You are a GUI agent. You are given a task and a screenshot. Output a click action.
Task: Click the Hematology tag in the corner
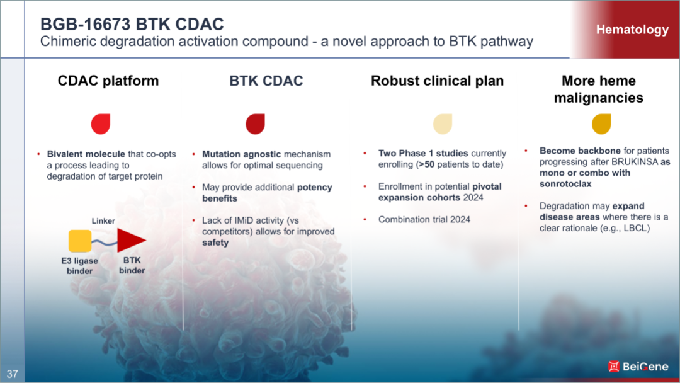pyautogui.click(x=632, y=30)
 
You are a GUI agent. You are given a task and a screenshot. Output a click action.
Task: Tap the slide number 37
pyautogui.click(x=12, y=374)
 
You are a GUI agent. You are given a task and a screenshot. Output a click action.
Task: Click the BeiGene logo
pyautogui.click(x=638, y=367)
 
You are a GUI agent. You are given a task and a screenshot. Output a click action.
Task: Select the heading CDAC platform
pyautogui.click(x=108, y=81)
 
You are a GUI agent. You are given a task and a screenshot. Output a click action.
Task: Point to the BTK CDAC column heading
pyautogui.click(x=266, y=81)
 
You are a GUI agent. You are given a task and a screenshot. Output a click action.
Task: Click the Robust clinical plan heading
pyautogui.click(x=437, y=81)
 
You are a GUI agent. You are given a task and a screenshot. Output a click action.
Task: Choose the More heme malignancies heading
pyautogui.click(x=599, y=89)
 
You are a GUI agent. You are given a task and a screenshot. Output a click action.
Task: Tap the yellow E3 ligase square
pyautogui.click(x=80, y=241)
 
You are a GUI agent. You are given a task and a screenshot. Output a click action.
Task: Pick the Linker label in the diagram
pyautogui.click(x=103, y=220)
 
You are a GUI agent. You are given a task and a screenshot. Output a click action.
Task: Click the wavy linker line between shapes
pyautogui.click(x=104, y=243)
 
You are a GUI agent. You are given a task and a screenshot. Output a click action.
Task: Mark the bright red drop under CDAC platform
pyautogui.click(x=101, y=124)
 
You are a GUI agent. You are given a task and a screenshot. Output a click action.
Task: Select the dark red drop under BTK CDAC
pyautogui.click(x=256, y=124)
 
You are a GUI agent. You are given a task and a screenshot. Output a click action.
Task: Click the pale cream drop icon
pyautogui.click(x=443, y=124)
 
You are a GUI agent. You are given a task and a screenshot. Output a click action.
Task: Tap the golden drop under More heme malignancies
pyautogui.click(x=601, y=124)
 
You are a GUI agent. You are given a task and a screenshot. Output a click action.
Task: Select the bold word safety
pyautogui.click(x=215, y=243)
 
